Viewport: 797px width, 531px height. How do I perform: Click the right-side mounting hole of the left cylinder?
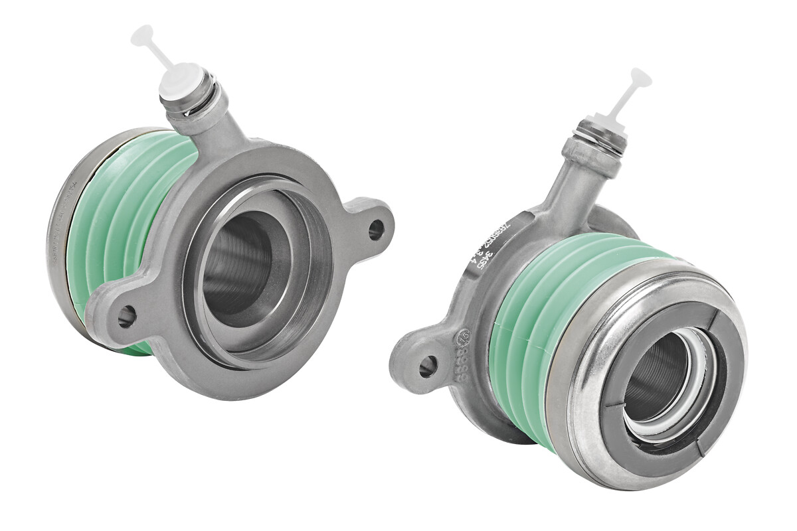point(375,230)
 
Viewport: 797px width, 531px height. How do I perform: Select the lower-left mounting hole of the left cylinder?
point(126,317)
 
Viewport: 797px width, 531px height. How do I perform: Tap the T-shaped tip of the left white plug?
point(142,36)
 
